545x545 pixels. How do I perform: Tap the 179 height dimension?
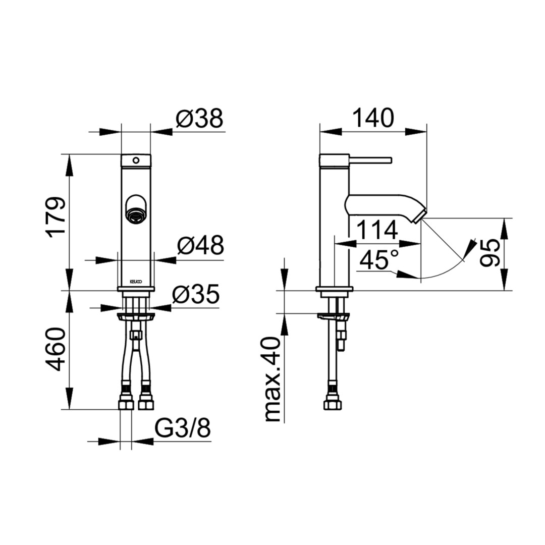pos(57,217)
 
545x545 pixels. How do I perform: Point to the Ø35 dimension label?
pos(196,294)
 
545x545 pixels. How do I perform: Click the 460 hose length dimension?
pos(57,349)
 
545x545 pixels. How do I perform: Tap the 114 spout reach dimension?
pos(377,230)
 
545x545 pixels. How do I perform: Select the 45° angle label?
pos(379,260)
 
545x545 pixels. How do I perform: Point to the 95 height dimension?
pos(489,253)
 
